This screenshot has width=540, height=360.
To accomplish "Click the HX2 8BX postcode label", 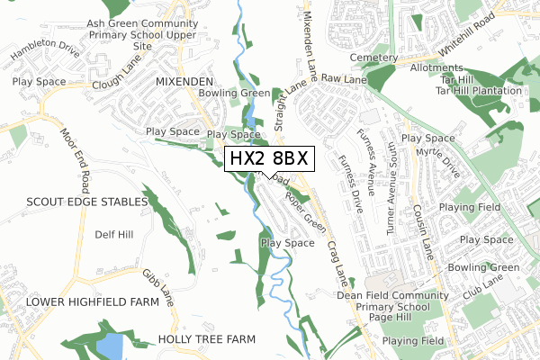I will [x=269, y=158].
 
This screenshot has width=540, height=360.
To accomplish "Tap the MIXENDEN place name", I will [x=184, y=80].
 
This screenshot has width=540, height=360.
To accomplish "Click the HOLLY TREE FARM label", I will [x=206, y=338].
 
